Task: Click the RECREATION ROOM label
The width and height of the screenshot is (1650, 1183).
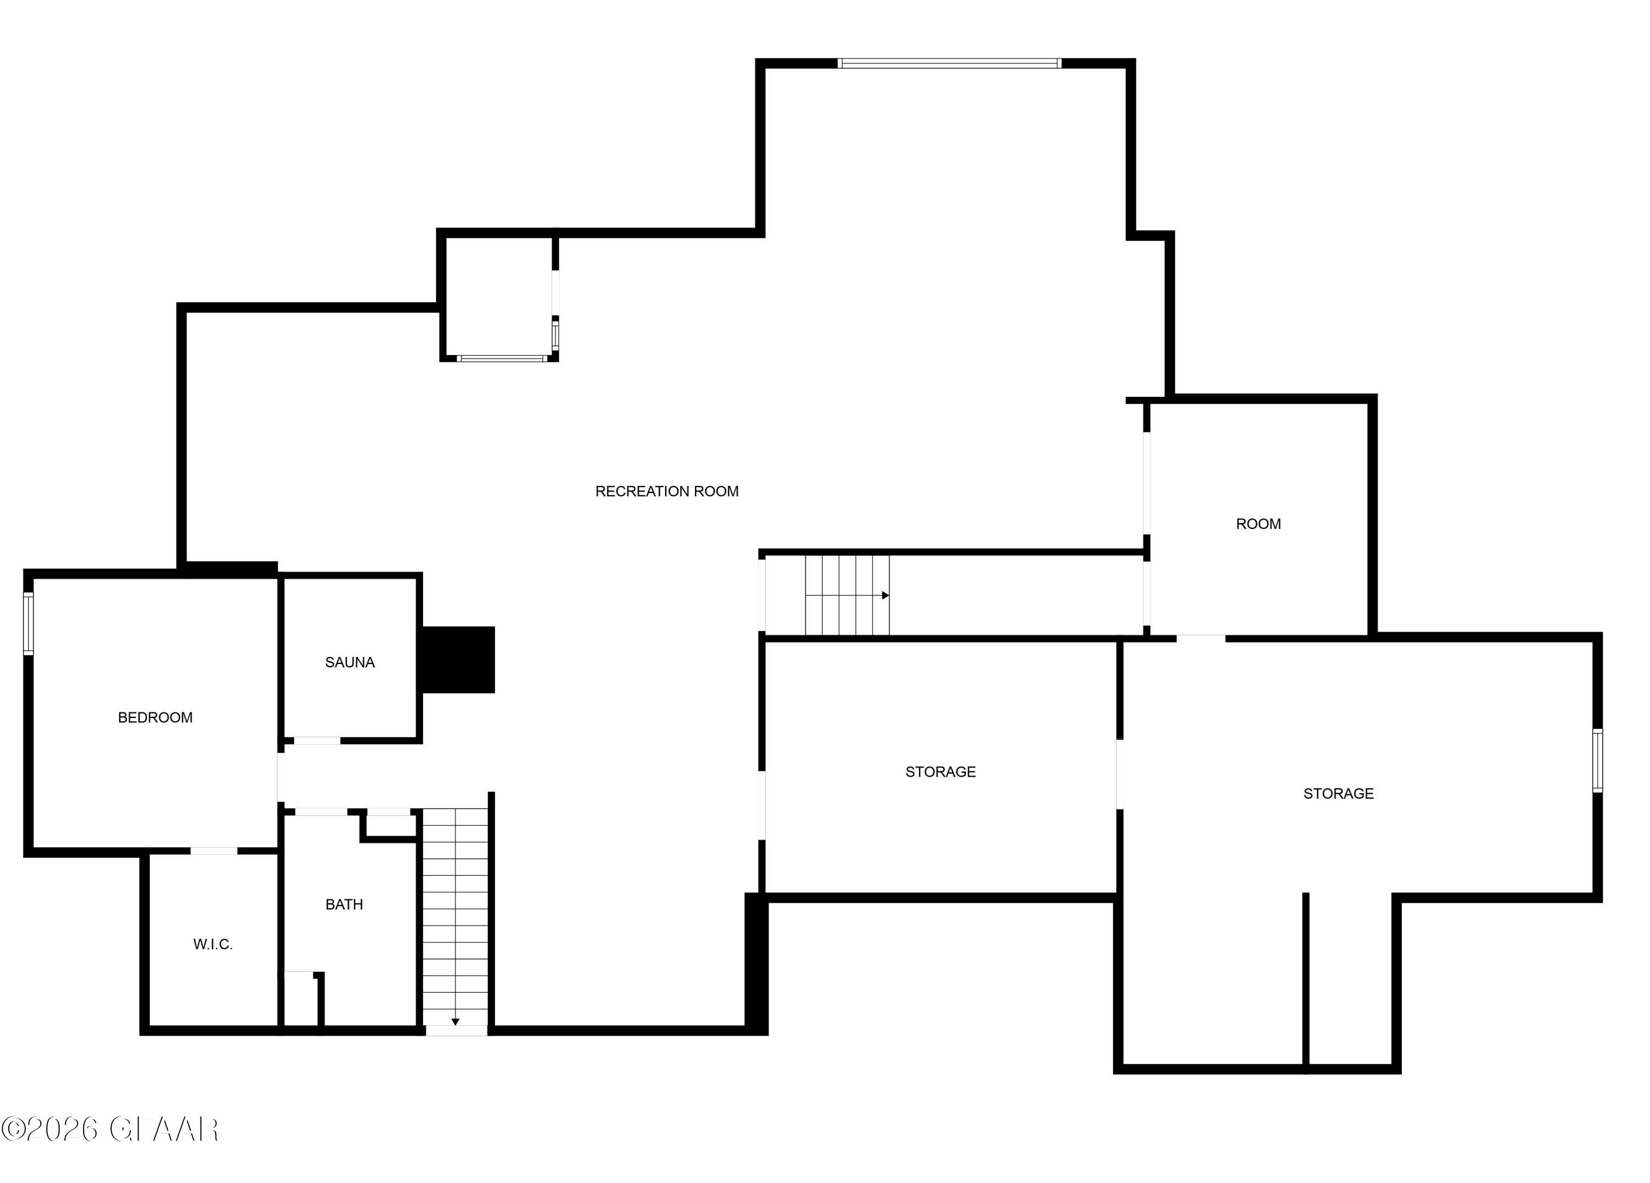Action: [x=667, y=491]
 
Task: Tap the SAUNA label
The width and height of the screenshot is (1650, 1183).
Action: [x=349, y=662]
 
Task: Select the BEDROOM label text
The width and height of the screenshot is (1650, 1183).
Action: [x=155, y=717]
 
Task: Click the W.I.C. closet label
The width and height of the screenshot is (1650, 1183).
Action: [x=212, y=944]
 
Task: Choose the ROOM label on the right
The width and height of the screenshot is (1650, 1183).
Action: [x=1258, y=524]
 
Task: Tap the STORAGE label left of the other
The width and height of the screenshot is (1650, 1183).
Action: [x=940, y=772]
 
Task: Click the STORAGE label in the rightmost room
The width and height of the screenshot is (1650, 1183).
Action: [x=1338, y=794]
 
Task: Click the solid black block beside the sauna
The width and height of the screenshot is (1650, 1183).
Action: [x=458, y=660]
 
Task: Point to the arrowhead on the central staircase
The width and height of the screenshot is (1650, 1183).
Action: [x=886, y=595]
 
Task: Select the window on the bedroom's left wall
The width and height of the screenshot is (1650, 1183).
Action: [x=29, y=624]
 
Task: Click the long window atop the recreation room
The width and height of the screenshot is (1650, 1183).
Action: [x=949, y=63]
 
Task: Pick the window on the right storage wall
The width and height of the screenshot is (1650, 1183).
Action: [x=1598, y=761]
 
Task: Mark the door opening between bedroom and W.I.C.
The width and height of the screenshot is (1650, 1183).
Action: [x=214, y=851]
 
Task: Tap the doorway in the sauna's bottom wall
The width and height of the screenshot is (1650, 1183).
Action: [x=317, y=741]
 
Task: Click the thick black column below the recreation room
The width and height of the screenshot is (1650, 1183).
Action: [x=756, y=964]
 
